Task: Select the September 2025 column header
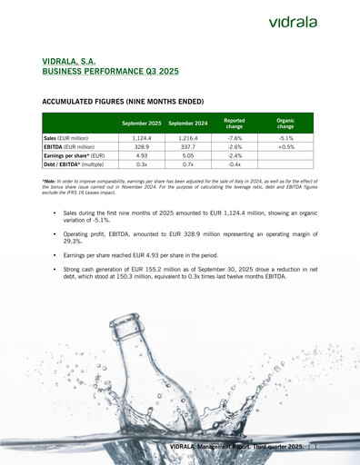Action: click(142, 123)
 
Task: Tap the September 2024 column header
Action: click(188, 123)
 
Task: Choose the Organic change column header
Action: click(285, 123)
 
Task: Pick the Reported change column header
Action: click(234, 123)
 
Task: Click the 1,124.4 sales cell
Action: click(142, 138)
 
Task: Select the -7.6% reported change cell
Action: click(234, 138)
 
